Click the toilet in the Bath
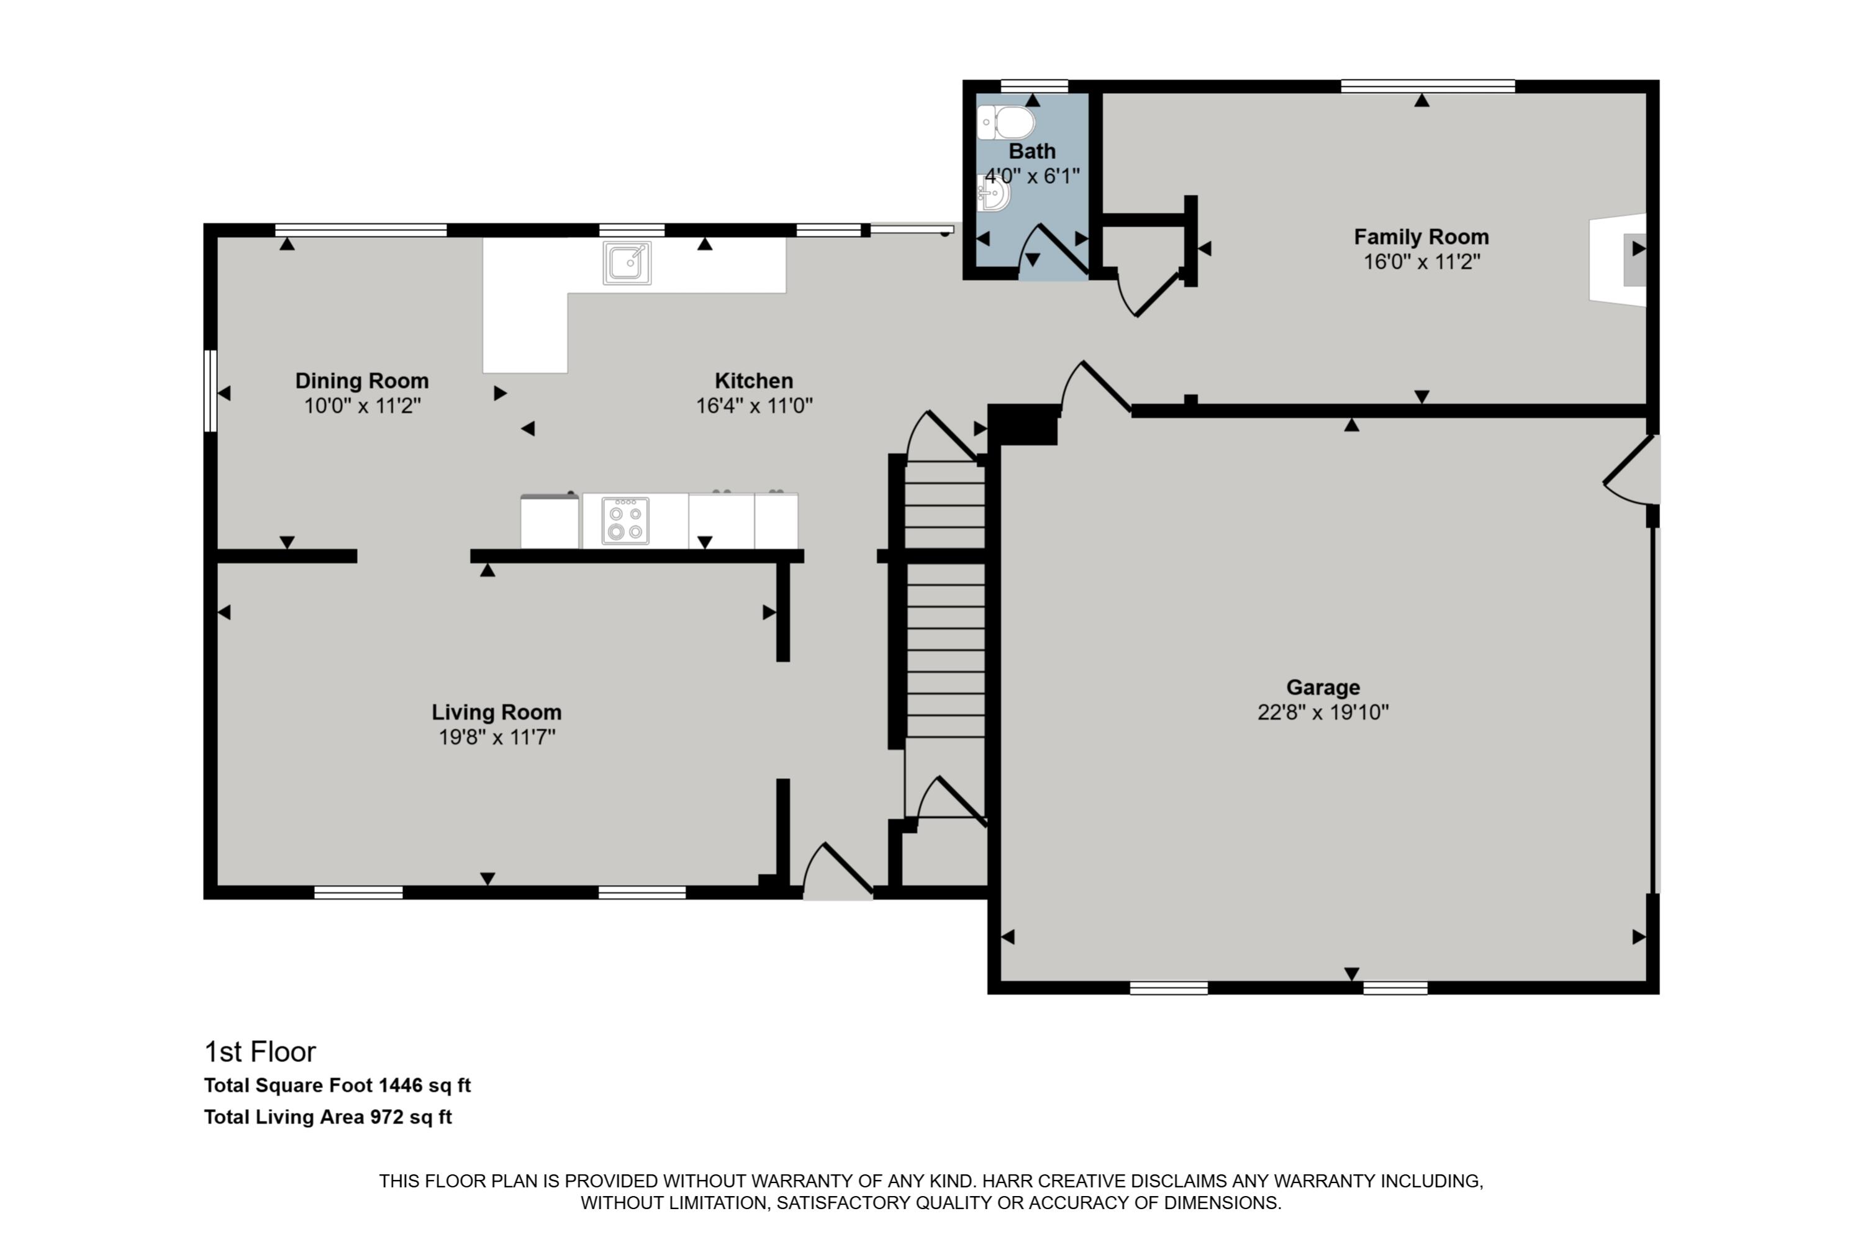(1007, 123)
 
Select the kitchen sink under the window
(627, 262)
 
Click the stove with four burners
(625, 520)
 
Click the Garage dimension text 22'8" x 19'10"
(1323, 712)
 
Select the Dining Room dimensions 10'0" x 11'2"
(362, 406)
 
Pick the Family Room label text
(1421, 237)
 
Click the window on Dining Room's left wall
(210, 391)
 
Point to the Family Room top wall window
(1427, 86)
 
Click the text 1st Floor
(260, 1052)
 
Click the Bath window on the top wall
(1034, 86)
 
